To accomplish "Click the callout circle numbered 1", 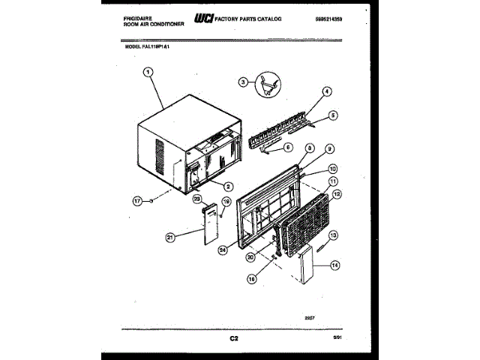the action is pyautogui.click(x=147, y=73).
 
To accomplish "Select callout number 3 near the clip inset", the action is pyautogui.click(x=243, y=82).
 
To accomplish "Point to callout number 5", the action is pyautogui.click(x=333, y=115).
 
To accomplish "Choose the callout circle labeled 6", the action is pyautogui.click(x=288, y=148).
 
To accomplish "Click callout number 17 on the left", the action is pyautogui.click(x=136, y=200).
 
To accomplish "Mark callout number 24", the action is pyautogui.click(x=222, y=249).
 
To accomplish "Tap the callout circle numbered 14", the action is pyautogui.click(x=334, y=263).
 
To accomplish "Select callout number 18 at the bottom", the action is pyautogui.click(x=251, y=278).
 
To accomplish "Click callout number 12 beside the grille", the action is pyautogui.click(x=337, y=194).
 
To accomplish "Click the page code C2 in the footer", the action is pyautogui.click(x=234, y=339).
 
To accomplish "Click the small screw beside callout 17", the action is pyautogui.click(x=151, y=201).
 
